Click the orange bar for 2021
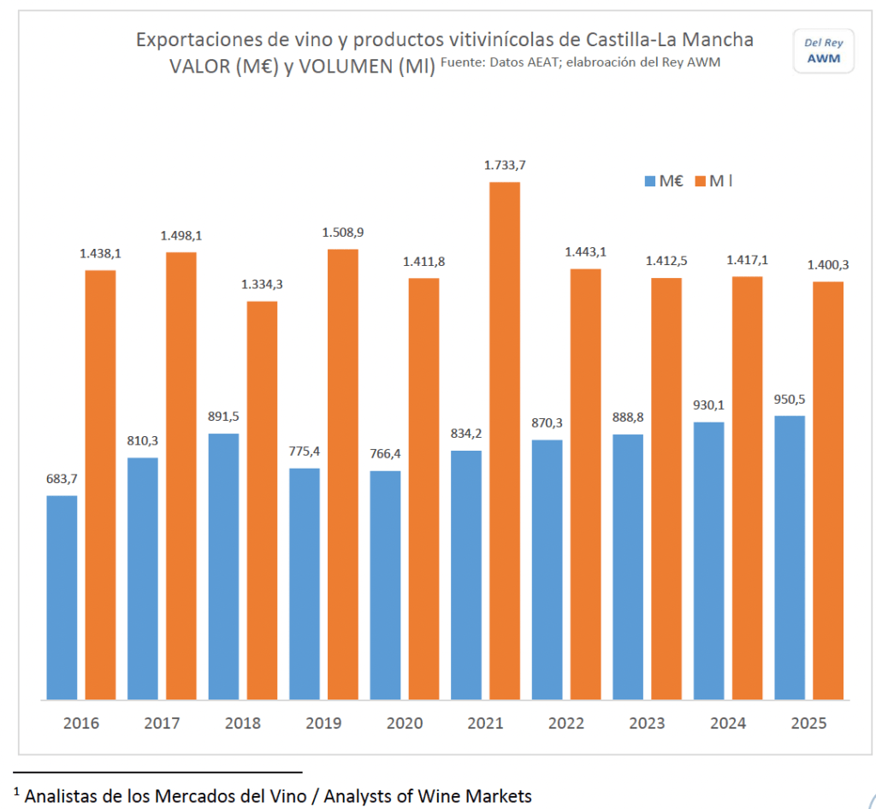[505, 440]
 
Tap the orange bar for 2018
[263, 500]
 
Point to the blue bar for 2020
[385, 585]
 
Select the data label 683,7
[62, 479]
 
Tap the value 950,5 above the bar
[790, 399]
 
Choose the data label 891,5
[223, 417]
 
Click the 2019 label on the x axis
[323, 723]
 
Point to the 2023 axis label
[647, 723]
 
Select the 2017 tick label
[162, 723]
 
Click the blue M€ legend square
[649, 181]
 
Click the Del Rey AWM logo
[823, 50]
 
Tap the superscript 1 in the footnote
[17, 790]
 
